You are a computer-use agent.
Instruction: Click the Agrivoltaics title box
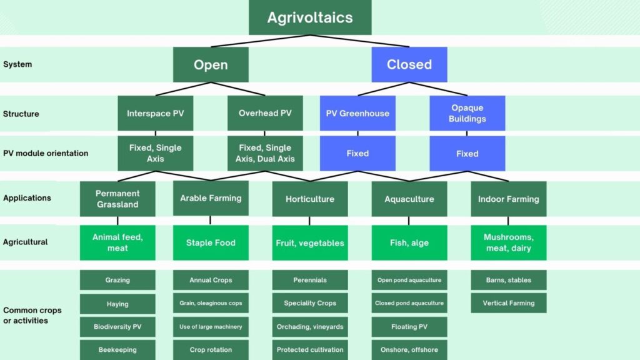(x=310, y=17)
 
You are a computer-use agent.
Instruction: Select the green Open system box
(x=211, y=64)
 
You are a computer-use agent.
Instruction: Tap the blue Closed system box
(x=409, y=64)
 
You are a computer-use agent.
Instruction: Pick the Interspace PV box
(x=156, y=113)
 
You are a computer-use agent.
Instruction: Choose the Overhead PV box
(x=265, y=113)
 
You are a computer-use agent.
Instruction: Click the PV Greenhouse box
(x=357, y=113)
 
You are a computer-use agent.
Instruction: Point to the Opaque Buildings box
(x=467, y=113)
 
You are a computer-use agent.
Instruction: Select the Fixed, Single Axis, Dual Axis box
(x=265, y=154)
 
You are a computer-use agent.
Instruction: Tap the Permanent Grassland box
(x=117, y=199)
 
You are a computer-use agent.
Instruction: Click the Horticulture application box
(x=310, y=199)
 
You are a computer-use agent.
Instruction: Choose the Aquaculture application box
(x=409, y=199)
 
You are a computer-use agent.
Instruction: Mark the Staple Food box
(x=211, y=243)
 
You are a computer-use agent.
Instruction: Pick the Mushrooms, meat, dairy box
(x=509, y=243)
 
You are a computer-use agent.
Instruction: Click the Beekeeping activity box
(x=117, y=350)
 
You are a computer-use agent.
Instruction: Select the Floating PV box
(x=409, y=326)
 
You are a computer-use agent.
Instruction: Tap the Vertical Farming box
(x=509, y=303)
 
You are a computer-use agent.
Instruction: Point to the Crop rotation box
(x=211, y=350)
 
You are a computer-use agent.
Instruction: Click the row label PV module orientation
(x=46, y=154)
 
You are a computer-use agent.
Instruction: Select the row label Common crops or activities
(x=32, y=315)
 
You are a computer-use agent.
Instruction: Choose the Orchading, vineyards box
(x=310, y=326)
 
